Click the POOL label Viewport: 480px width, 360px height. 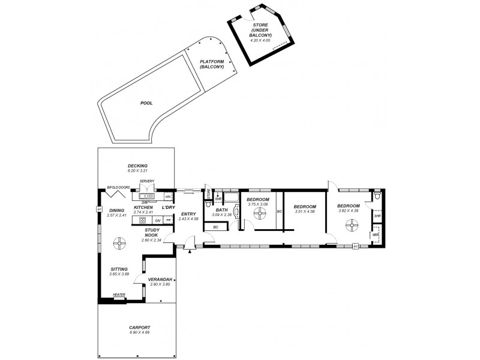[x=146, y=103]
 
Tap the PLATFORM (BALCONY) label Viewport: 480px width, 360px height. [x=212, y=65]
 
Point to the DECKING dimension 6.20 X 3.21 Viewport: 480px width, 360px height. [x=137, y=171]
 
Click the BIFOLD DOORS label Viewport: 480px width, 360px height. [x=118, y=187]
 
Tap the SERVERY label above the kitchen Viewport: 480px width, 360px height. [x=147, y=181]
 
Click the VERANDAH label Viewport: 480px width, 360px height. [x=160, y=279]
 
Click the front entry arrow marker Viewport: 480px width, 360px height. [x=190, y=251]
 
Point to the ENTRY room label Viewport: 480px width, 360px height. [x=188, y=214]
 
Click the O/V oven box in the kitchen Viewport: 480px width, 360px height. [x=157, y=220]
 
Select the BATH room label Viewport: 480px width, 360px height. [x=221, y=209]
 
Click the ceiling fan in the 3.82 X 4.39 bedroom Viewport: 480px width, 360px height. [x=352, y=225]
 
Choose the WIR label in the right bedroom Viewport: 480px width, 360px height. [x=376, y=235]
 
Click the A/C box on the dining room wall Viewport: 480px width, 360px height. [x=98, y=209]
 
